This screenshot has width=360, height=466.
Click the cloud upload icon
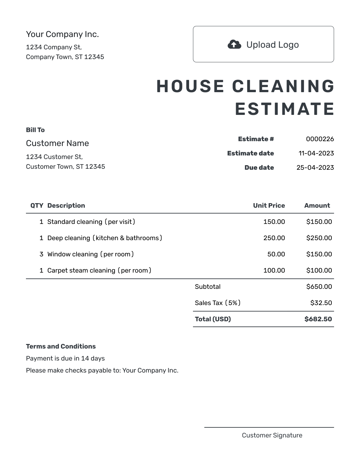(x=234, y=44)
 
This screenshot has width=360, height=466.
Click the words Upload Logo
(x=272, y=45)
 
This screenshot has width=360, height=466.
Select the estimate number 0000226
(x=320, y=139)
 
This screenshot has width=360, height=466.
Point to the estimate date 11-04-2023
(x=316, y=153)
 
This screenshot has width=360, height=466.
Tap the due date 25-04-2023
(x=315, y=167)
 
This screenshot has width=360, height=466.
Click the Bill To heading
(x=35, y=130)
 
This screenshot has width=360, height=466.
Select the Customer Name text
(x=57, y=143)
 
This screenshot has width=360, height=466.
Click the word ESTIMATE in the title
(x=284, y=109)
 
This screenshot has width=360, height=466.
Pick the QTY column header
(x=37, y=205)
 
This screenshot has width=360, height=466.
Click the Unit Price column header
(x=269, y=205)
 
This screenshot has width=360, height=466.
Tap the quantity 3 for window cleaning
(x=41, y=254)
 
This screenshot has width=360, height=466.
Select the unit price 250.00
(x=274, y=238)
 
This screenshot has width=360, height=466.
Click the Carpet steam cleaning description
(x=99, y=270)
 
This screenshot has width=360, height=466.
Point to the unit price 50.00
(x=276, y=254)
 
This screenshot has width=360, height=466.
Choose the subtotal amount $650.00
(x=319, y=287)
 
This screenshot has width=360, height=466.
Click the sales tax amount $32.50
(x=321, y=303)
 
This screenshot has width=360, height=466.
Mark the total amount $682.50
(x=318, y=319)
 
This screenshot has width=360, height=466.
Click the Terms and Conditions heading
(x=61, y=346)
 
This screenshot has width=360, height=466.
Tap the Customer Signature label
(x=272, y=435)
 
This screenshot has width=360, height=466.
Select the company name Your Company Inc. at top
(x=62, y=34)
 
